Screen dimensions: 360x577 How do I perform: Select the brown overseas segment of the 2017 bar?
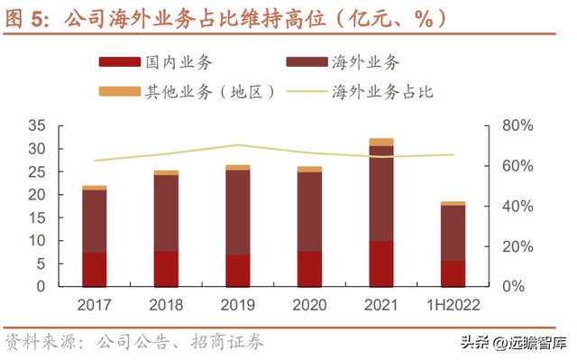(95, 221)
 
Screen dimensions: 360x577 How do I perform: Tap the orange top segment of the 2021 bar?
(380, 142)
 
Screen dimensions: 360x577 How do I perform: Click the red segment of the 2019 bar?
(237, 271)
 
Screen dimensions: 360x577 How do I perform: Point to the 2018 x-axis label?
(166, 305)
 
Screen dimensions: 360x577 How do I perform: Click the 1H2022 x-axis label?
(453, 305)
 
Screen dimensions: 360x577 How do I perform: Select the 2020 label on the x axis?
(309, 305)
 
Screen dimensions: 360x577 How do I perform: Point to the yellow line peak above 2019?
(237, 144)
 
